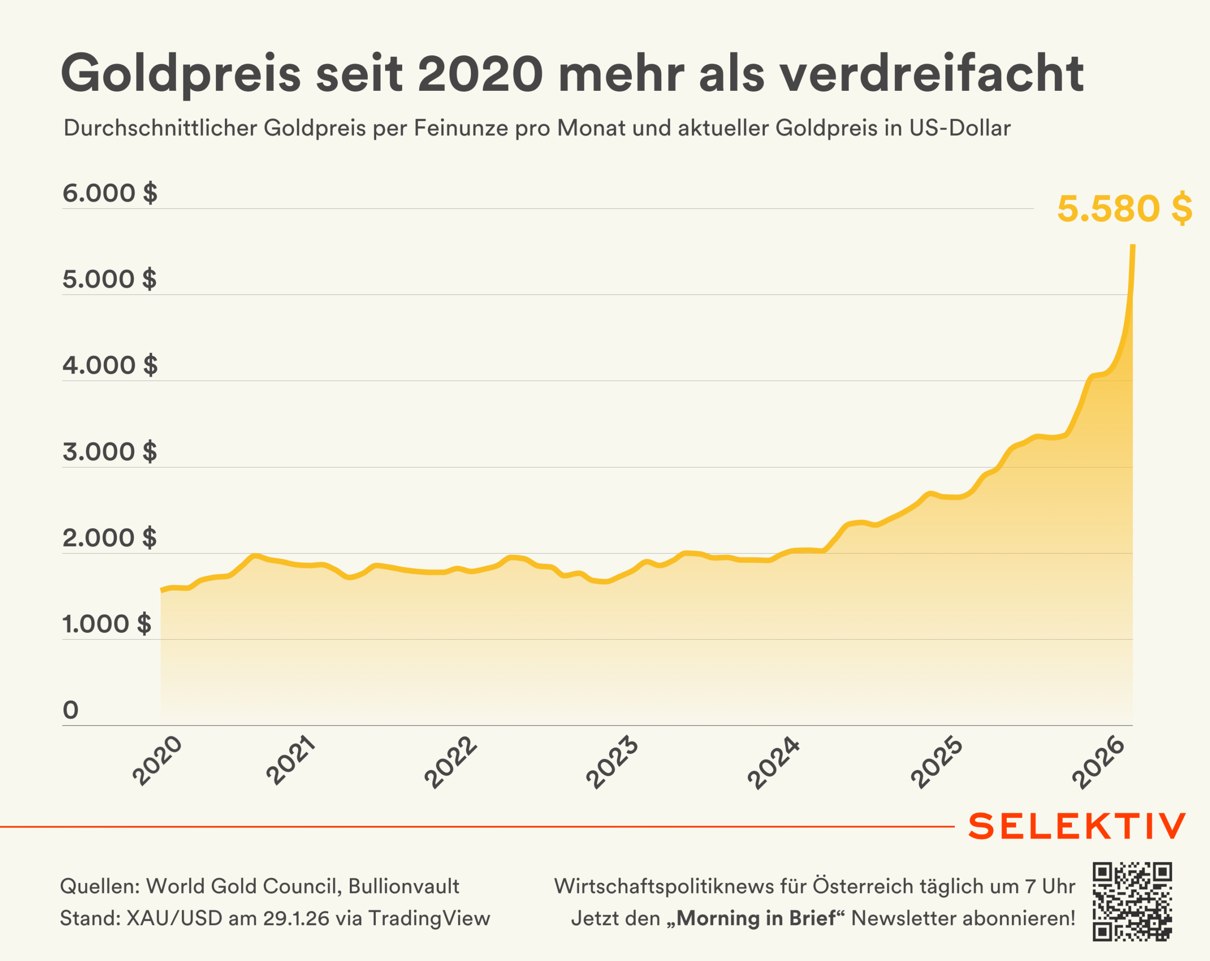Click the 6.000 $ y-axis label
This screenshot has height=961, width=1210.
tap(110, 193)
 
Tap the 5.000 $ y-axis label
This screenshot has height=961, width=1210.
tap(110, 279)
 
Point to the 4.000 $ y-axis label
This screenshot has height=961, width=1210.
tap(110, 365)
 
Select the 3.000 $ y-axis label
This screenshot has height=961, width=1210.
tap(110, 452)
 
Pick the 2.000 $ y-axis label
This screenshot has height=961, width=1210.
tap(110, 538)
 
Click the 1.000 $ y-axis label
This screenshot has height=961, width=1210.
tap(107, 624)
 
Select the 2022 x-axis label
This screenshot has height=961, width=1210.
tap(450, 762)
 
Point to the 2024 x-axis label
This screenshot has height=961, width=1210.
tap(773, 762)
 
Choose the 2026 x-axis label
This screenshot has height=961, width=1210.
tap(1098, 762)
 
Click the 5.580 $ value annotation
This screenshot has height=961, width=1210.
tap(1124, 209)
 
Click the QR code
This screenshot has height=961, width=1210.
tap(1132, 901)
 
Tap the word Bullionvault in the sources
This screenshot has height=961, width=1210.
tap(404, 886)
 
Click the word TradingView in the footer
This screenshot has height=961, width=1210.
tap(429, 918)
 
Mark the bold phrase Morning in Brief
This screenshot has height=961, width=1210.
tap(756, 918)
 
